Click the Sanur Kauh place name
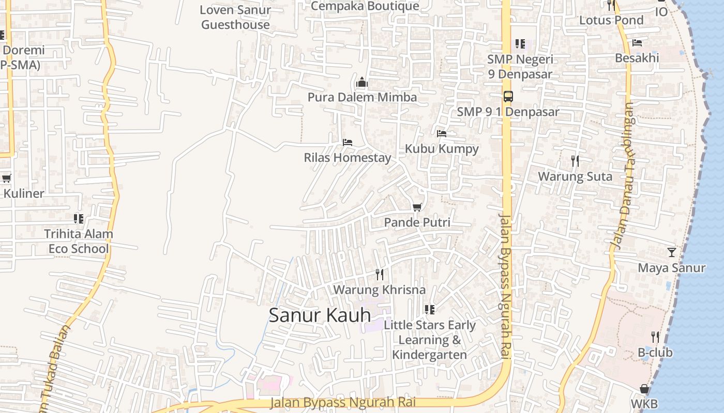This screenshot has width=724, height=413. pos(320,315)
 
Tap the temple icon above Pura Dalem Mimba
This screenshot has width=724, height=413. pos(362,82)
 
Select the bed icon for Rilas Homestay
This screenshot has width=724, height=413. pos(348,142)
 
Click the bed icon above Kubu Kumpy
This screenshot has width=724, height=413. pos(441,133)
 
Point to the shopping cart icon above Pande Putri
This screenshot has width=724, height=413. pos(417,207)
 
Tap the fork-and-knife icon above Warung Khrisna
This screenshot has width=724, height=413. pos(380,274)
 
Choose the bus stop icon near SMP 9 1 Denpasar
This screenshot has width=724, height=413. pos(508,96)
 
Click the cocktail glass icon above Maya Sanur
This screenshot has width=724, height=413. pos(671,252)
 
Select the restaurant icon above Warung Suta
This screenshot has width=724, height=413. pos(575,161)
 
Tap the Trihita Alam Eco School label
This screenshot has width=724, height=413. pos(79,241)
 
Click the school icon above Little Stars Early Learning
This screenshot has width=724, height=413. pos(429,310)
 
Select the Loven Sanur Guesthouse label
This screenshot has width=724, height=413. pos(235,17)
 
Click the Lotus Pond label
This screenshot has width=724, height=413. pos(611,20)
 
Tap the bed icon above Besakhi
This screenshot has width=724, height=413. pos(637,43)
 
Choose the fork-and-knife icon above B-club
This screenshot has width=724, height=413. pos(655,337)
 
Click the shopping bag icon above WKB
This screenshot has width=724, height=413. pos(644,388)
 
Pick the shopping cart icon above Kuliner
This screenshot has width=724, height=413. pos(7,179)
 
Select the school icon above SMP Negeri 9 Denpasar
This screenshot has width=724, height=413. pos(520,44)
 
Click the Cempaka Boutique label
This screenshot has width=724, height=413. pos(365,6)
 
